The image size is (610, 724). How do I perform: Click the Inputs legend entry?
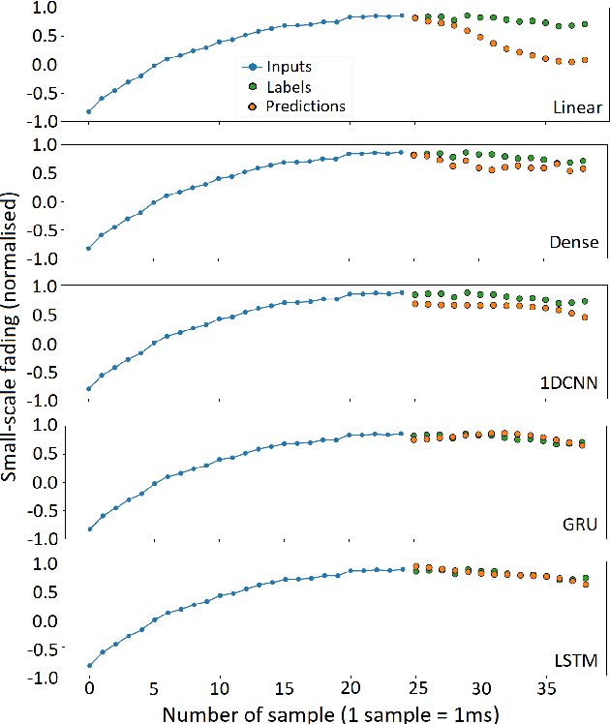(x=290, y=67)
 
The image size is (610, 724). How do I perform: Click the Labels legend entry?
(x=290, y=86)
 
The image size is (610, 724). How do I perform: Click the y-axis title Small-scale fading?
(x=13, y=334)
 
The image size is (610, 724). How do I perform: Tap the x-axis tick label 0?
(x=89, y=689)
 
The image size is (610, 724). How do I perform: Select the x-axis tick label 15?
(x=285, y=689)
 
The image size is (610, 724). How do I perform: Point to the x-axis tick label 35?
(x=547, y=689)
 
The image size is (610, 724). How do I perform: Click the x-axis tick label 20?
(x=351, y=689)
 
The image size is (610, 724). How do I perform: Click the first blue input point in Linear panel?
(x=89, y=111)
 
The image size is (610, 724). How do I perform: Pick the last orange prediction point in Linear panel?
(x=584, y=60)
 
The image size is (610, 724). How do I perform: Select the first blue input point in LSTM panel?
(x=89, y=666)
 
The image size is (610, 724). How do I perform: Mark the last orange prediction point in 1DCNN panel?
(x=584, y=317)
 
